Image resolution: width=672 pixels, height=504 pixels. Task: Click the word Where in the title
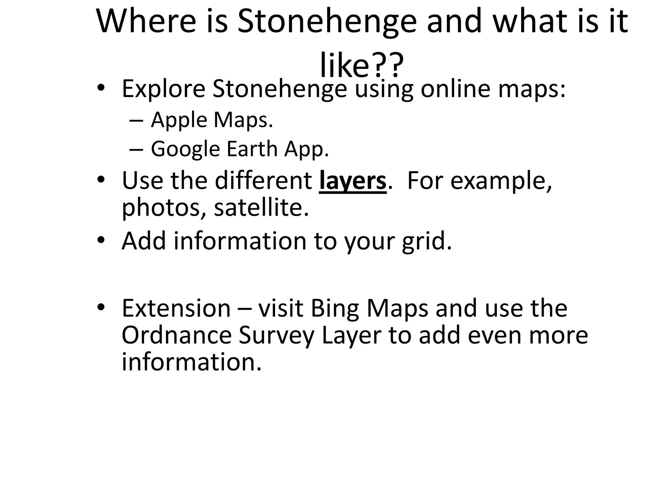pyautogui.click(x=146, y=21)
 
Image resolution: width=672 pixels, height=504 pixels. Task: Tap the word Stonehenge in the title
pyautogui.click(x=327, y=21)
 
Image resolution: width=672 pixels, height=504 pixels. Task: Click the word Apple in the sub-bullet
pyautogui.click(x=179, y=120)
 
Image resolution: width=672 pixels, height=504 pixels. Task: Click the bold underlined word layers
pyautogui.click(x=353, y=181)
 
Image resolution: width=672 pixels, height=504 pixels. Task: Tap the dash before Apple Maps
pyautogui.click(x=136, y=120)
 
